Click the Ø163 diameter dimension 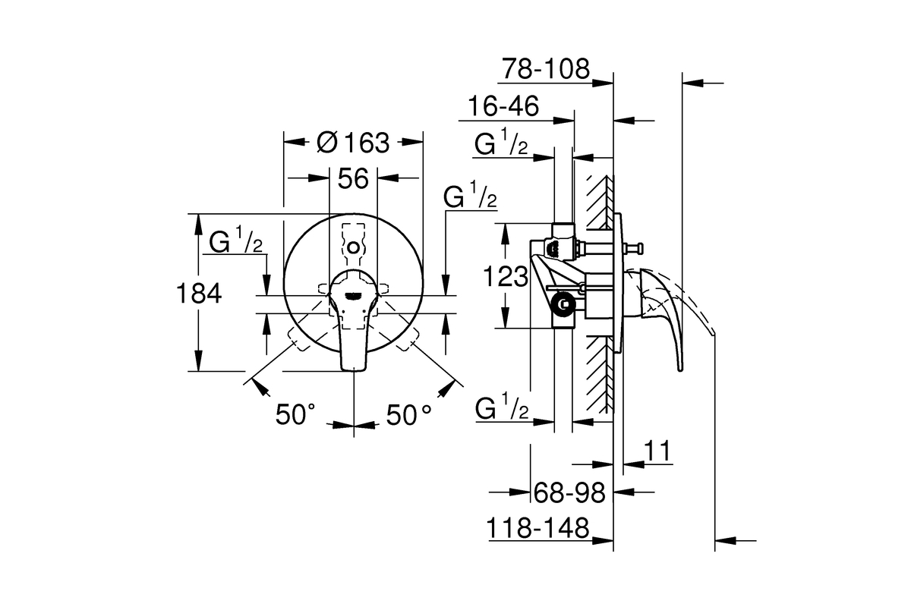pyautogui.click(x=353, y=143)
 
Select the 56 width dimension pyautogui.click(x=353, y=178)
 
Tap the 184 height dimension pyautogui.click(x=199, y=293)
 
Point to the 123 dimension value pyautogui.click(x=506, y=276)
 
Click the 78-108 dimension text pyautogui.click(x=545, y=68)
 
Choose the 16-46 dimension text pyautogui.click(x=503, y=105)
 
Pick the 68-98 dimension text pyautogui.click(x=569, y=492)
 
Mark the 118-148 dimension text pyautogui.click(x=537, y=528)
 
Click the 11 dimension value pyautogui.click(x=657, y=451)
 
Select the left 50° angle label pyautogui.click(x=295, y=414)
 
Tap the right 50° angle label pyautogui.click(x=408, y=414)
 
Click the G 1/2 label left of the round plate pyautogui.click(x=236, y=241)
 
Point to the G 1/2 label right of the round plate pyautogui.click(x=470, y=195)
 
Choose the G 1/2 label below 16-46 pyautogui.click(x=501, y=142)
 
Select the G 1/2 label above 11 pyautogui.click(x=502, y=406)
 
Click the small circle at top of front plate pyautogui.click(x=354, y=247)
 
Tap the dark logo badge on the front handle pyautogui.click(x=353, y=296)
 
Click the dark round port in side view pyautogui.click(x=563, y=303)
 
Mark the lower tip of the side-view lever pyautogui.click(x=680, y=370)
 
